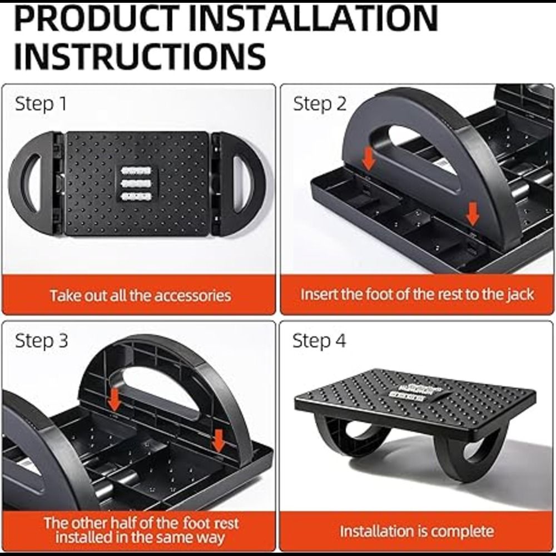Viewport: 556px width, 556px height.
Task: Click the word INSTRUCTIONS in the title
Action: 140,56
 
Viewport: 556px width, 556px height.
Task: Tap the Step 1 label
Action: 41,104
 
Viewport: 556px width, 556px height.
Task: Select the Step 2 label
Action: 320,104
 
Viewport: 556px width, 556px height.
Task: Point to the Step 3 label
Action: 42,341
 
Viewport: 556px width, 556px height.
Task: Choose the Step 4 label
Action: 319,341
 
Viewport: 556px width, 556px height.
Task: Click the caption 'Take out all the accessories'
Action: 141,295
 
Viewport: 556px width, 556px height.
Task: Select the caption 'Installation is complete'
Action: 416,531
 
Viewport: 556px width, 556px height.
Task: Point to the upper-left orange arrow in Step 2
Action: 369,158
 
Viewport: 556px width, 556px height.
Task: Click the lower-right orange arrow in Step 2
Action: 472,214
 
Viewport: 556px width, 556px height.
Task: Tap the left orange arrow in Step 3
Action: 114,399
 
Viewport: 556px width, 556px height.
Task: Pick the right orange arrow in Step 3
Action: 219,441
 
